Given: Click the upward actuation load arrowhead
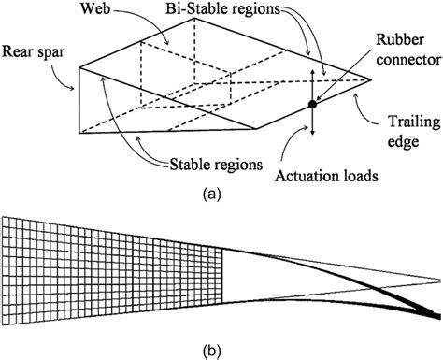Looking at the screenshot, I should pos(311,71).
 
